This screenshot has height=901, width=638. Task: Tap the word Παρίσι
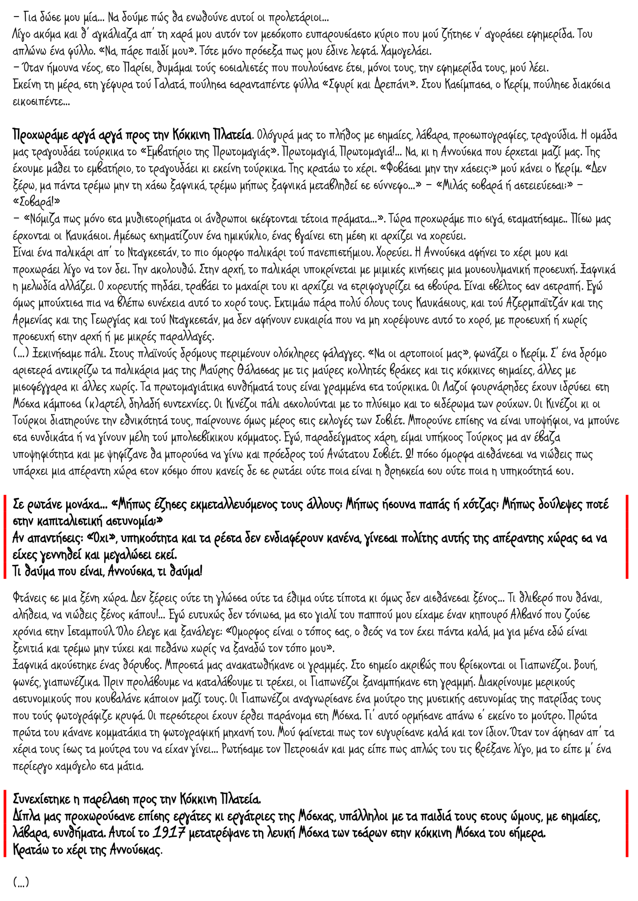[135, 68]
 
